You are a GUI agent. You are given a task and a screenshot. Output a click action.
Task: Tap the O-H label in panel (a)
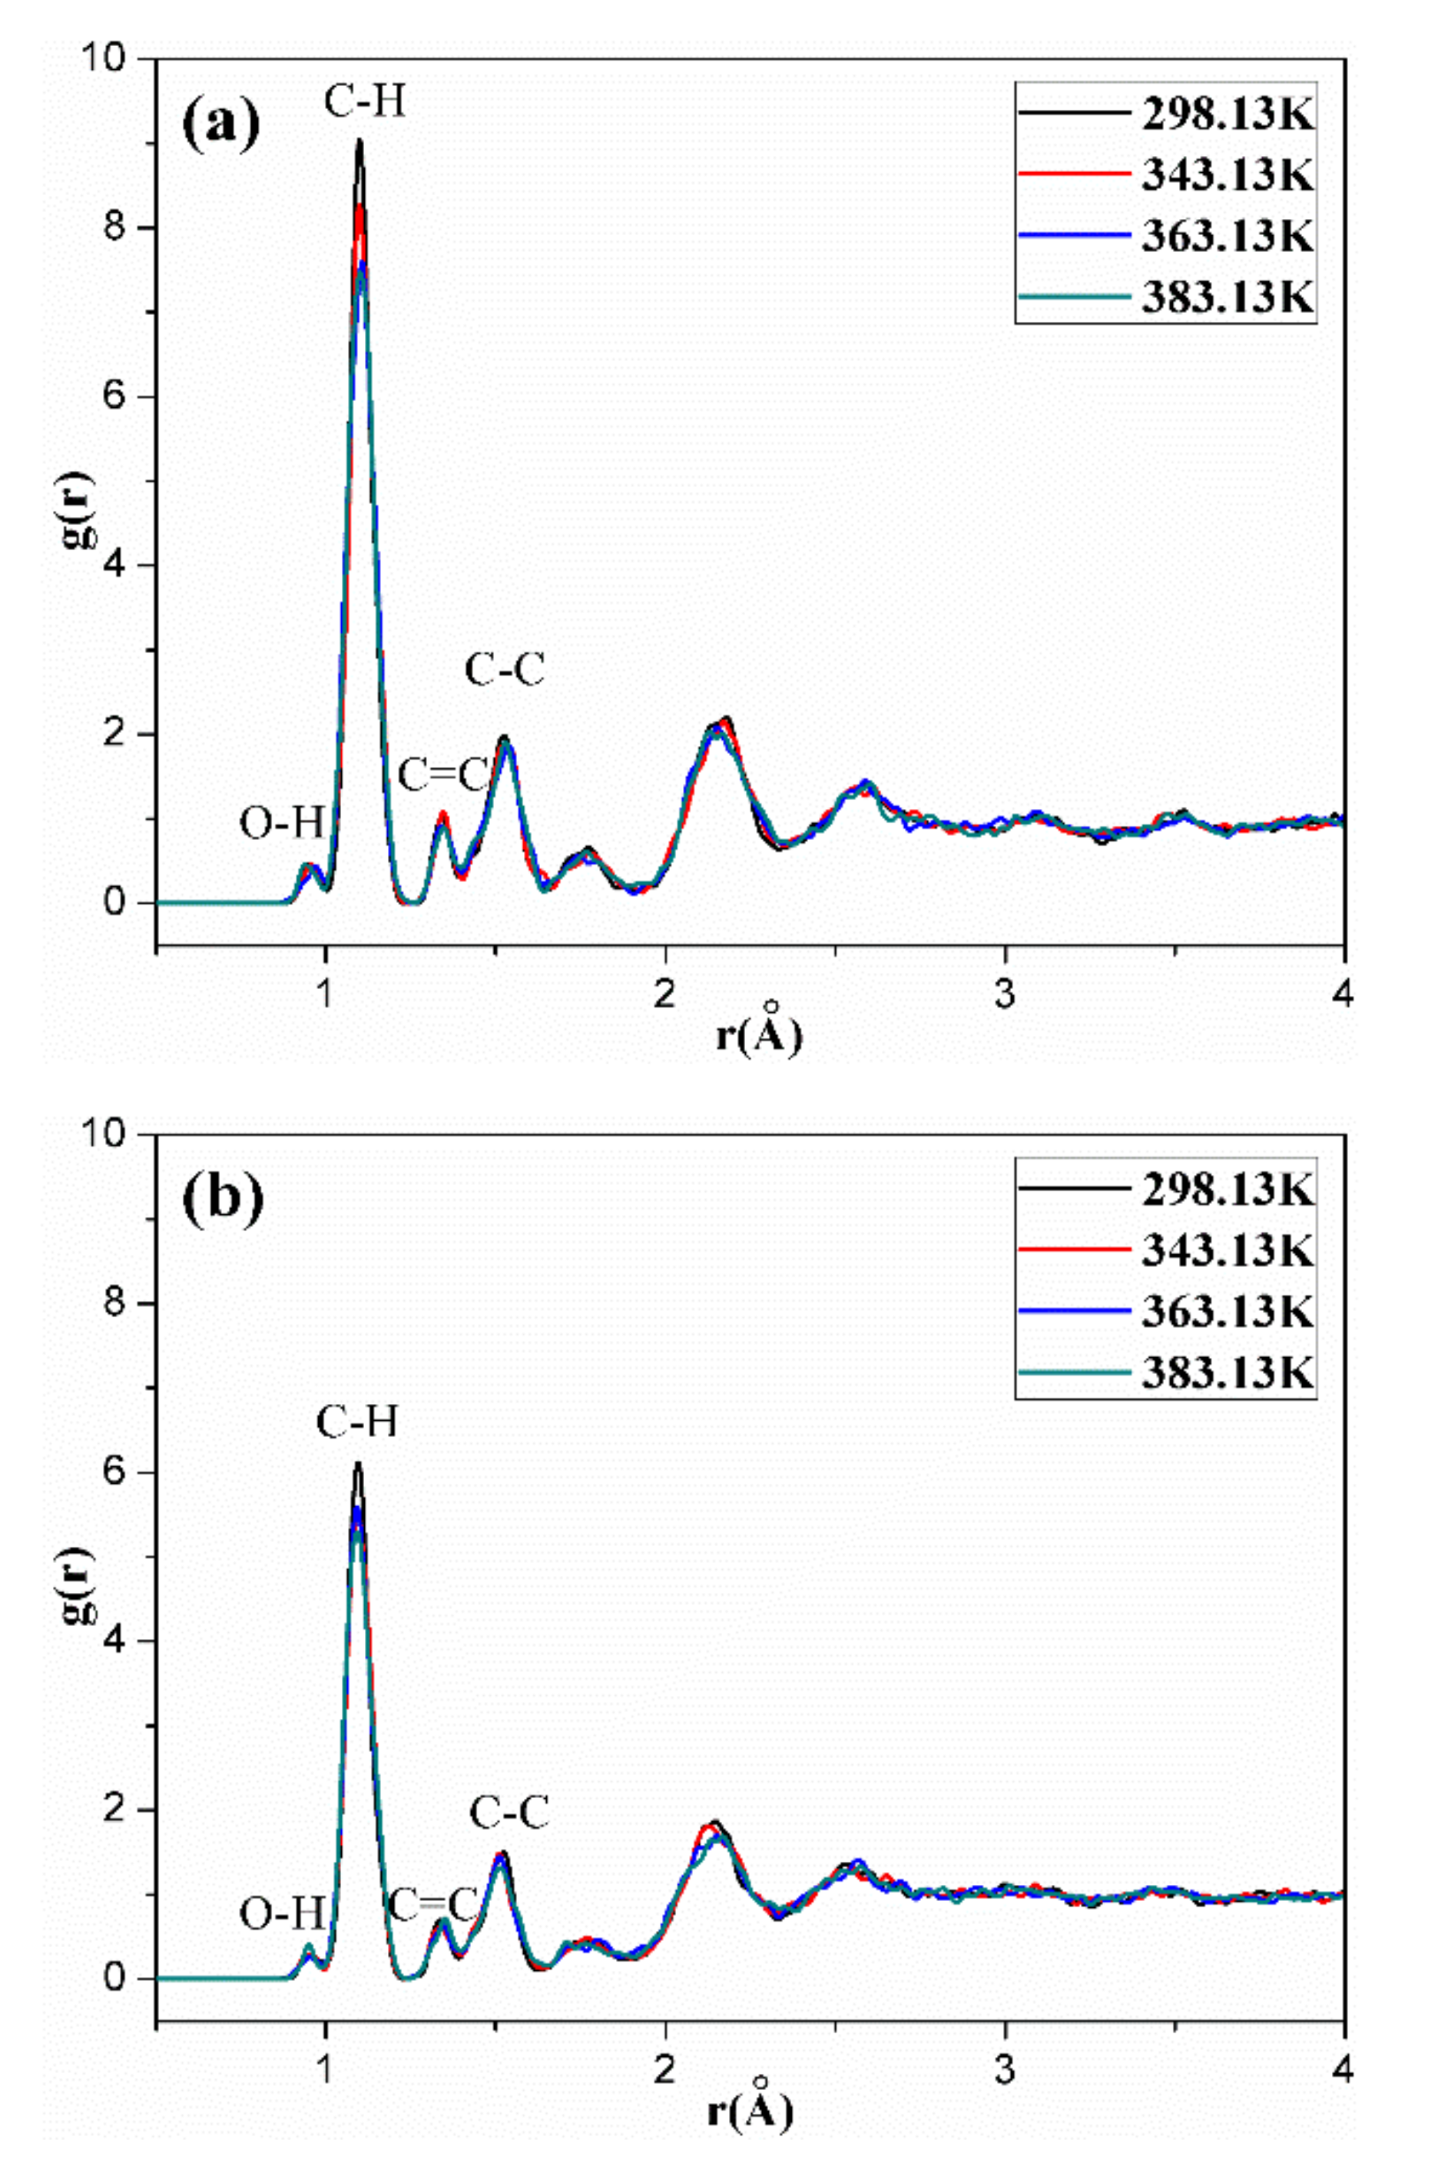click(282, 824)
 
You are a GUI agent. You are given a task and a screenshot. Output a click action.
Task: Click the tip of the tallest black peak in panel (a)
click(359, 141)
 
